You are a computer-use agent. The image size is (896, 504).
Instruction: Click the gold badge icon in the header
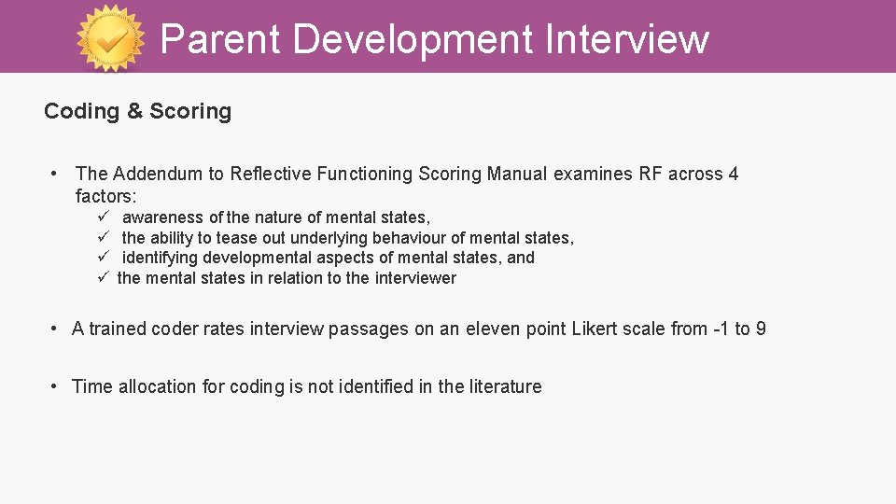point(111,38)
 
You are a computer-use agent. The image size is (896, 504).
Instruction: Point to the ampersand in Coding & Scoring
point(134,111)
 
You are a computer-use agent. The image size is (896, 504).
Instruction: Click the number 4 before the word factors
point(733,174)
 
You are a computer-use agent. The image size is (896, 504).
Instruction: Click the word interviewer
point(415,278)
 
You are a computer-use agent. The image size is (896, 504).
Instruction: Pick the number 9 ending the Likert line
point(761,329)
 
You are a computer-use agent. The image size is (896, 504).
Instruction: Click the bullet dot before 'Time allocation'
point(56,386)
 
